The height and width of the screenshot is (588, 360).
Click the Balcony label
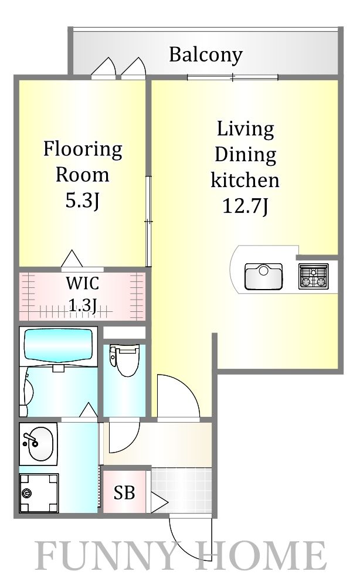click(x=205, y=55)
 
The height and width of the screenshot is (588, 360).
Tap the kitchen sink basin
click(x=263, y=277)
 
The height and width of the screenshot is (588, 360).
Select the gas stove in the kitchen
click(x=314, y=276)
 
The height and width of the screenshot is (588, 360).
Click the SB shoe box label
click(x=124, y=492)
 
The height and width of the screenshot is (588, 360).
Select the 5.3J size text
click(x=83, y=201)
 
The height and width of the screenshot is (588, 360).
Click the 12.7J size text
click(x=246, y=206)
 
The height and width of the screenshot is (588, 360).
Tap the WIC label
click(x=83, y=283)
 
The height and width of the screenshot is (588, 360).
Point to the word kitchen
click(x=245, y=180)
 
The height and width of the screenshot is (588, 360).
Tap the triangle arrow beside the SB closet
click(x=159, y=502)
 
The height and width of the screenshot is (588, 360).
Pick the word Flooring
click(x=83, y=150)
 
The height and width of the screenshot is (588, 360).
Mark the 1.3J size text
click(x=83, y=305)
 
